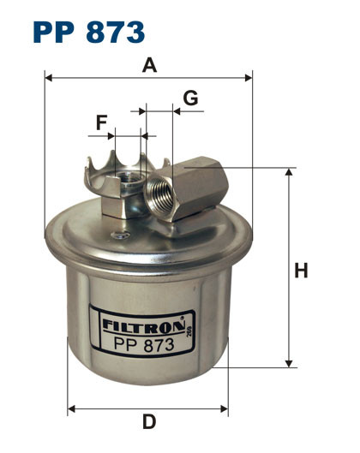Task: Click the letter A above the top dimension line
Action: click(150, 64)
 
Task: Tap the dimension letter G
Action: click(190, 98)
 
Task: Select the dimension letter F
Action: click(102, 123)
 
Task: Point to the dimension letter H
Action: click(301, 271)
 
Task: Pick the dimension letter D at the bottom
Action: click(148, 421)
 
